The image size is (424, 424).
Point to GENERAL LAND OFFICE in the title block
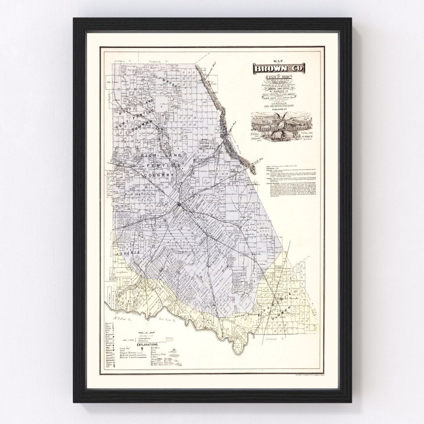tap(280, 89)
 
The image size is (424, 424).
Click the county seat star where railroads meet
tap(179, 203)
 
